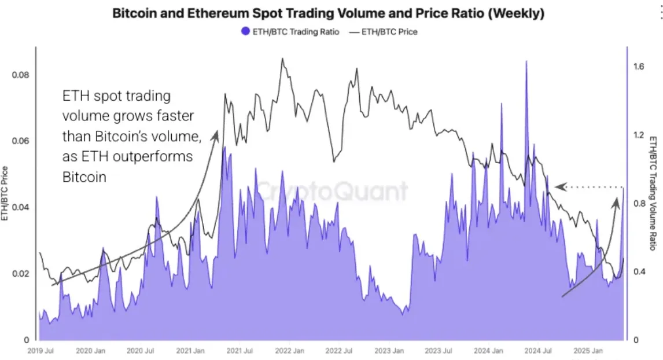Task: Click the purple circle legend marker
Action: click(246, 31)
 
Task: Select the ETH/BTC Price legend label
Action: click(389, 31)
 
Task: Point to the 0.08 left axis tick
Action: click(21, 75)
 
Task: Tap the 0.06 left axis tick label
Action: click(21, 141)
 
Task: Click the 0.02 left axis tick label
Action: click(21, 273)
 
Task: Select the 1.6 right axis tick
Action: click(639, 67)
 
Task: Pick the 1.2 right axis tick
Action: click(639, 135)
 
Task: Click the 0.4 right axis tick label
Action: click(639, 272)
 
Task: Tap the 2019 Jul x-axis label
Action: click(40, 351)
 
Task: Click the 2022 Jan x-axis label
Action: click(290, 351)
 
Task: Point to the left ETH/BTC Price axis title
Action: click(5, 193)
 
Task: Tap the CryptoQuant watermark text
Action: click(331, 191)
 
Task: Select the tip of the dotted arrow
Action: click(555, 187)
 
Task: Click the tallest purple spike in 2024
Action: click(526, 61)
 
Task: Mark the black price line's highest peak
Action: click(282, 58)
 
